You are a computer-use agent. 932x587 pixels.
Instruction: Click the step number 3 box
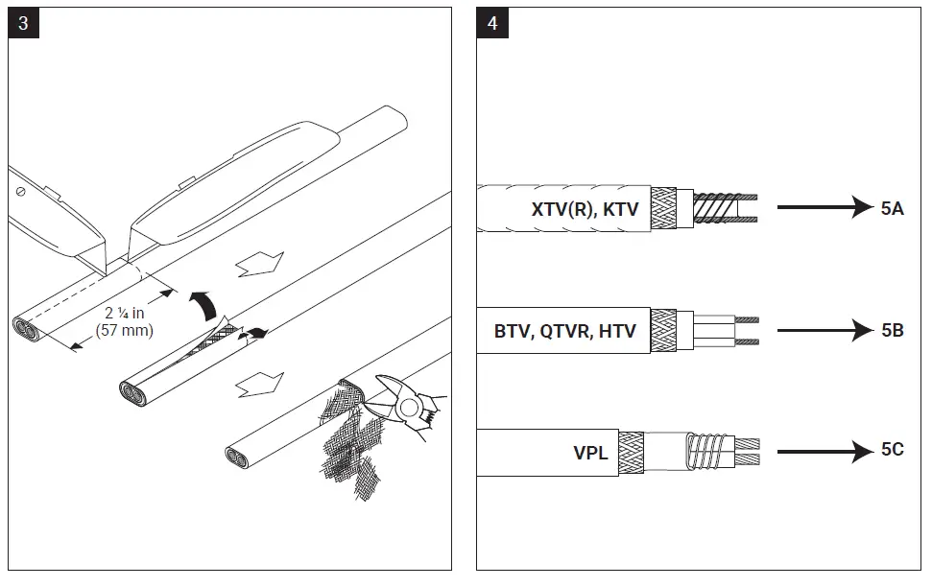tap(23, 23)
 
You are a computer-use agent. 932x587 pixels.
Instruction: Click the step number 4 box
tap(492, 23)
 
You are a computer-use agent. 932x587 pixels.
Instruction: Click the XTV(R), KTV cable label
tap(585, 208)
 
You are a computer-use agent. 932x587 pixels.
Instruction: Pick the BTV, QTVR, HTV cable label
tap(564, 331)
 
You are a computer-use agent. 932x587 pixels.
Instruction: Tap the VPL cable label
tap(590, 453)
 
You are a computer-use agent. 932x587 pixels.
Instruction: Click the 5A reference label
tap(892, 208)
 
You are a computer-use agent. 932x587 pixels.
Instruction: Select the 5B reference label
tap(892, 330)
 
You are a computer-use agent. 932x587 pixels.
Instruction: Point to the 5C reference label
tap(892, 450)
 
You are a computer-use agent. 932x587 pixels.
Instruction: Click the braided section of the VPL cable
tap(631, 451)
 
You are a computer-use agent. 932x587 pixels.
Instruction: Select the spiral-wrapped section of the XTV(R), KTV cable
tap(717, 208)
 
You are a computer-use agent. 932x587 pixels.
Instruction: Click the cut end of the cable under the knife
tap(32, 328)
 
